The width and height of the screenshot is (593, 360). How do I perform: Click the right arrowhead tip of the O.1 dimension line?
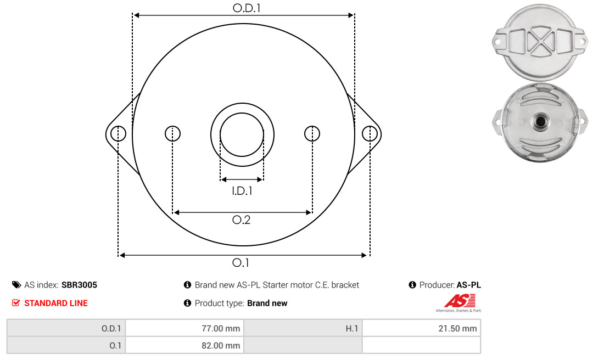click(367, 255)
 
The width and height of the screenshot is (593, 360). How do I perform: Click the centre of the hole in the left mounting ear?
click(119, 133)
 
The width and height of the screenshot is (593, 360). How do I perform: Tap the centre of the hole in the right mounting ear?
click(370, 133)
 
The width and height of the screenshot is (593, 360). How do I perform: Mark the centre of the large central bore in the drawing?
click(242, 134)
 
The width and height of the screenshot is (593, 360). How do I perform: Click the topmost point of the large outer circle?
click(244, 24)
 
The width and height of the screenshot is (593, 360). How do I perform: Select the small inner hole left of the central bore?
click(173, 133)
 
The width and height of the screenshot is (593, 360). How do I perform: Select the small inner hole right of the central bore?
click(312, 133)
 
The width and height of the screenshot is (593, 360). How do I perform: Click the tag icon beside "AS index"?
click(16, 285)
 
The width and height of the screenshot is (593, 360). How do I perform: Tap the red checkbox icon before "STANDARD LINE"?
click(16, 303)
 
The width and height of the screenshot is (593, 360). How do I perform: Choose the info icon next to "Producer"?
click(412, 285)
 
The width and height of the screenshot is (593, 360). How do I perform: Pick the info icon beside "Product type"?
click(187, 303)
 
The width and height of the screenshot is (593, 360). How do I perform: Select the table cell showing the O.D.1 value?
click(184, 328)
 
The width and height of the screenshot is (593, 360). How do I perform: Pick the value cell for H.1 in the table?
click(421, 328)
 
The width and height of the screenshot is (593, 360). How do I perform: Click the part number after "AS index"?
click(79, 285)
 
